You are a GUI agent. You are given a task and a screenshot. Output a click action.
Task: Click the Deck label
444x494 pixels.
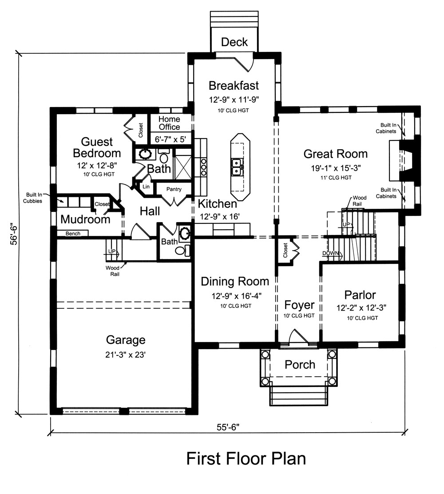[x=234, y=42]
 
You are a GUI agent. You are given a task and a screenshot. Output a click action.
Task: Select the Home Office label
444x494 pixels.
[x=170, y=123]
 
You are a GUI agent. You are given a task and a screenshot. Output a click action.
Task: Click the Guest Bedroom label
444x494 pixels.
[x=97, y=148]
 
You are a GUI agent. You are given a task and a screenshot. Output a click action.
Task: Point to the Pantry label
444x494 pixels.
[x=174, y=189]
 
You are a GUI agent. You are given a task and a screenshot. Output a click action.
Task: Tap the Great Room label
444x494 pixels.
[x=335, y=154]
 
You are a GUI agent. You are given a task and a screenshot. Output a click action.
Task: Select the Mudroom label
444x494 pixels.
[x=85, y=219]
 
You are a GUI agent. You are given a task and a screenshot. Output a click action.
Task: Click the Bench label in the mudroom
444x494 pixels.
[x=73, y=233]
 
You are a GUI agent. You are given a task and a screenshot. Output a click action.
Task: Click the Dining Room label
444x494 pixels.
[x=235, y=281]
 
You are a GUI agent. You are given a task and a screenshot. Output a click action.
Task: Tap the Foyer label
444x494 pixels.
[x=299, y=305]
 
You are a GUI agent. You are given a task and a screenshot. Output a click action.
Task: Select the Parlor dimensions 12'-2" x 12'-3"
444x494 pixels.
[x=360, y=307]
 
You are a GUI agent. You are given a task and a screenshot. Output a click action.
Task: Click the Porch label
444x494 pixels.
[x=300, y=365]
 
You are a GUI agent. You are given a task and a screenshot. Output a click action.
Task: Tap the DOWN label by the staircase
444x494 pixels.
[x=331, y=254]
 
